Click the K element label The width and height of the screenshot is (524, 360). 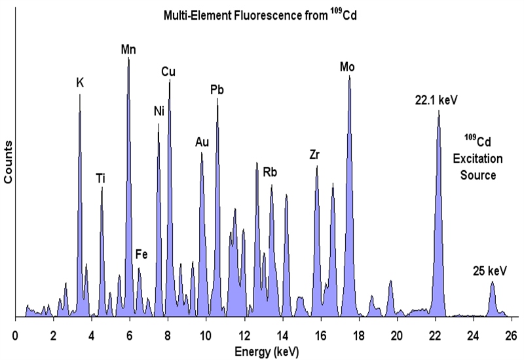(x=80, y=83)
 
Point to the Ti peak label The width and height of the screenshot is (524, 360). (x=101, y=177)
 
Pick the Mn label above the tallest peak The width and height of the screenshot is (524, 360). (x=128, y=48)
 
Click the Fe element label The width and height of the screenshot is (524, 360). (x=141, y=255)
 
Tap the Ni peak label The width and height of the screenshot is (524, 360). (x=159, y=111)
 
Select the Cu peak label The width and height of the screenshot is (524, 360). (x=168, y=71)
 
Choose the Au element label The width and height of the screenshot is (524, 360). (x=202, y=142)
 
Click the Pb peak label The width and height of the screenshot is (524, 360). (x=217, y=90)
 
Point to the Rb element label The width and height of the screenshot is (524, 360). (x=270, y=173)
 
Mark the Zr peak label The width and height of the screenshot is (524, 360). (x=314, y=155)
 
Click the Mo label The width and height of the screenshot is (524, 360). (x=348, y=67)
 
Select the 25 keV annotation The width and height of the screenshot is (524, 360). (x=490, y=270)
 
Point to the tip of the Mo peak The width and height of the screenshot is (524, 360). (x=350, y=77)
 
